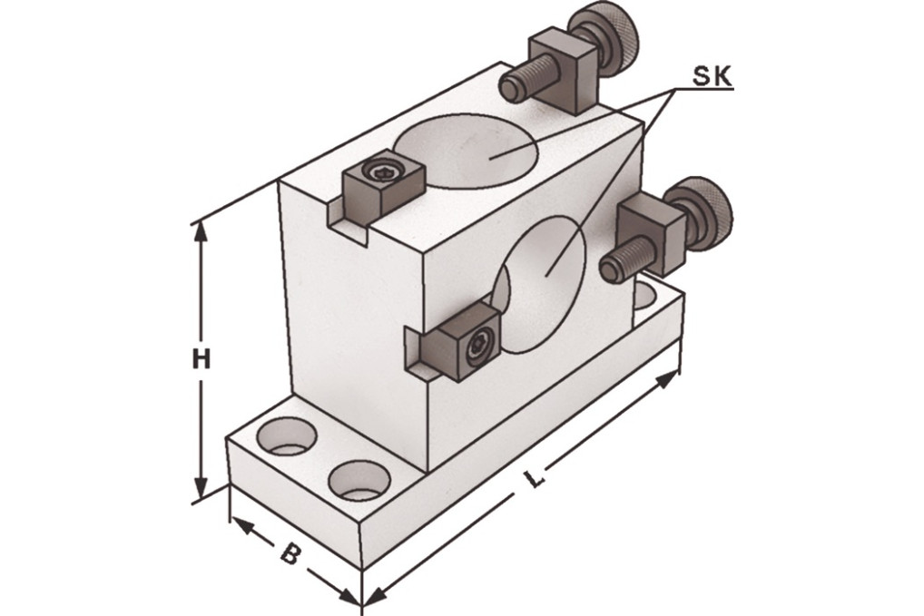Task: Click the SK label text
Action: pyautogui.click(x=713, y=77)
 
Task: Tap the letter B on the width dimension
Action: pyautogui.click(x=289, y=552)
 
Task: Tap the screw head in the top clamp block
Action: pyautogui.click(x=379, y=172)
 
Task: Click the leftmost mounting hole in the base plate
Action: pyautogui.click(x=287, y=437)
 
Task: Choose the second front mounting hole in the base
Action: pyautogui.click(x=359, y=478)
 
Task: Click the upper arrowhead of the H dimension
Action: pyautogui.click(x=201, y=230)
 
